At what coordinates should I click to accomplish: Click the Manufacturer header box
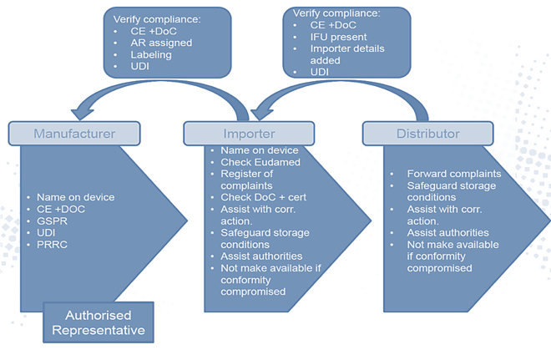[74, 133]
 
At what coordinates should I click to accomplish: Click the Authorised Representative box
[99, 322]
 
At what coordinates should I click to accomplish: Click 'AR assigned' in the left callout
[162, 43]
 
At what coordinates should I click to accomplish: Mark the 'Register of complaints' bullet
[251, 179]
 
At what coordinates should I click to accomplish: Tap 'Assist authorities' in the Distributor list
[447, 233]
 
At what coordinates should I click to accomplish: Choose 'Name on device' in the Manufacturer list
[77, 197]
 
